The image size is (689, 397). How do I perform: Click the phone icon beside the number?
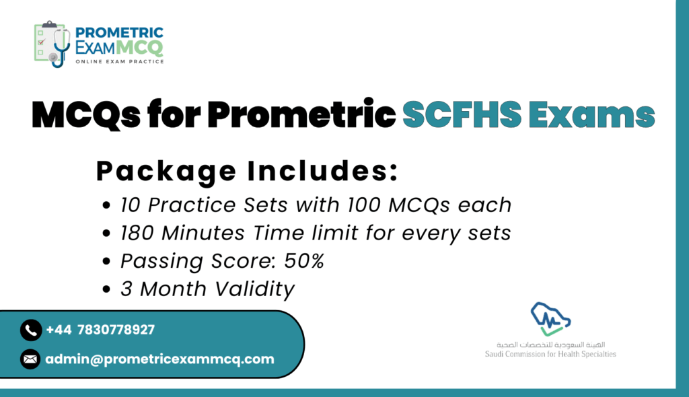tap(31, 330)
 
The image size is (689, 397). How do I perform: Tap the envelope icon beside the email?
tap(30, 359)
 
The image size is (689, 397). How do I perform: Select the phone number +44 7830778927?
tap(100, 330)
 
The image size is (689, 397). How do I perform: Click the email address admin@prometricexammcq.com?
tap(159, 359)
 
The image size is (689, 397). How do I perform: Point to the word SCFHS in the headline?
tap(462, 115)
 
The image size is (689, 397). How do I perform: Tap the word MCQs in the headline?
tap(86, 115)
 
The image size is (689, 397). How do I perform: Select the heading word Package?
tap(166, 172)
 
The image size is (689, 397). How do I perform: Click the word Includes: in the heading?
tap(322, 171)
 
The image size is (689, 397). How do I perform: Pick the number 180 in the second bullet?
tap(137, 233)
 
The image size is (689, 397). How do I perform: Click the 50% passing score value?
tap(304, 260)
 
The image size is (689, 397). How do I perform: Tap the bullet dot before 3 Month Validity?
tap(106, 289)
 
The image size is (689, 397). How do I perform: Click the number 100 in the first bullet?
tap(364, 205)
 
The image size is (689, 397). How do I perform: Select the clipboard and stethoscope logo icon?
tap(52, 44)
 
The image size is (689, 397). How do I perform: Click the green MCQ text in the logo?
tap(140, 48)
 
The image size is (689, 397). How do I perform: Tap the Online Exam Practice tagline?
tap(120, 61)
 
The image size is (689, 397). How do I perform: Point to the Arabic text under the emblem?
tap(550, 345)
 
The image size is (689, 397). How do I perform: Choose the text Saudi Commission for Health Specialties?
tap(550, 354)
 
